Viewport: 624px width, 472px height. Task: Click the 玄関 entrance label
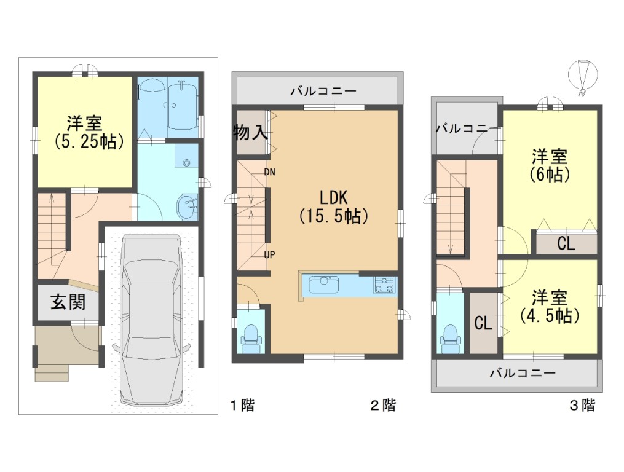pos(68,302)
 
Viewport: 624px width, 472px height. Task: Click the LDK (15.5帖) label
pos(333,206)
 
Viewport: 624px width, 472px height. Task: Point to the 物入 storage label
pos(251,132)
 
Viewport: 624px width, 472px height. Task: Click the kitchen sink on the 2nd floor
pos(323,285)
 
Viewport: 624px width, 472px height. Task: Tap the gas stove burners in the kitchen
pos(384,285)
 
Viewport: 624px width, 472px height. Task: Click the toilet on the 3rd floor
pos(450,337)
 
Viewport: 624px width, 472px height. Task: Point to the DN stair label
pos(269,172)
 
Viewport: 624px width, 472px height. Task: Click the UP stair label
pos(269,254)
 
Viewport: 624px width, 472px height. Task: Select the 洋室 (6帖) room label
pos(549,165)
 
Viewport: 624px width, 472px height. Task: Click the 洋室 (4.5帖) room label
pos(549,307)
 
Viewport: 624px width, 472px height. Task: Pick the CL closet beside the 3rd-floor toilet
pos(483,323)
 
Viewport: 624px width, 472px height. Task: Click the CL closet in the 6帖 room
pos(566,243)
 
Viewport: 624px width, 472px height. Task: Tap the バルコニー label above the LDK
pos(323,91)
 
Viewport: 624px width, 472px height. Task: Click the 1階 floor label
pos(243,406)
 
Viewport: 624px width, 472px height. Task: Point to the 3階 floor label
pos(583,406)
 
